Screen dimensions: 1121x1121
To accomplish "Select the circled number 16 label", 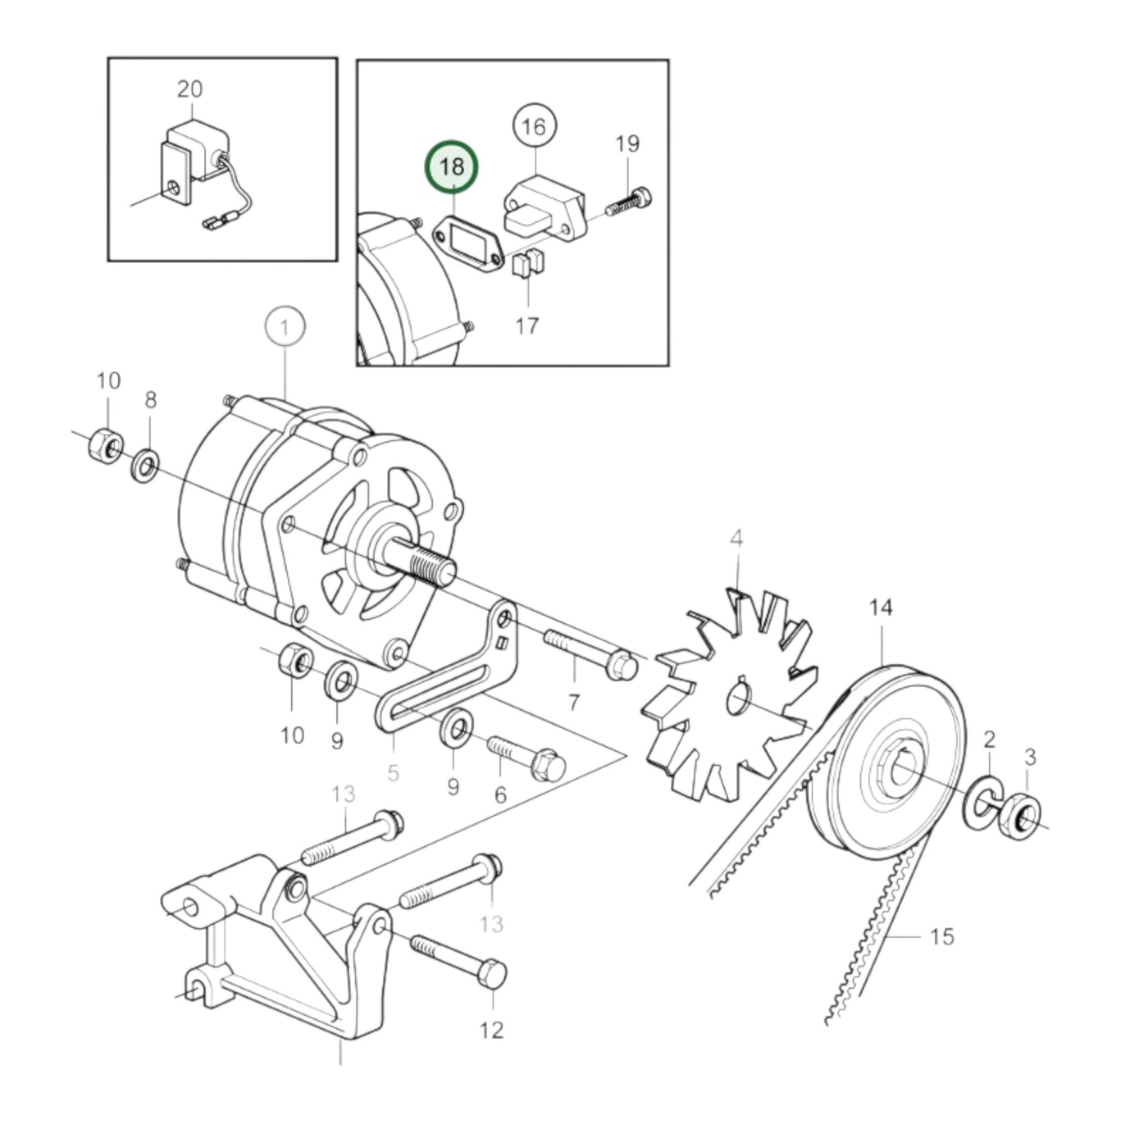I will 535,126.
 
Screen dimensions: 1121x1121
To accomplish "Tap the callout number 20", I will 189,89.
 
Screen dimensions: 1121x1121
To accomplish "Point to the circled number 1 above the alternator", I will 285,327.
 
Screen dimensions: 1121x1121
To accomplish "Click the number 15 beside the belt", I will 941,936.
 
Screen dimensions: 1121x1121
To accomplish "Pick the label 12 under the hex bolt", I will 492,1029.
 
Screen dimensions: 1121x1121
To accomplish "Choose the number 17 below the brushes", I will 528,325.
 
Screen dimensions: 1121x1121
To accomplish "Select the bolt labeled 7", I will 590,656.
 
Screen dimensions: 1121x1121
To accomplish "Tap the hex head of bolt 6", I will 548,766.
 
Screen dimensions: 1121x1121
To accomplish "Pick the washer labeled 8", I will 145,465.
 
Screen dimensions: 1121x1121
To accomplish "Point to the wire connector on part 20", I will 211,226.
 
